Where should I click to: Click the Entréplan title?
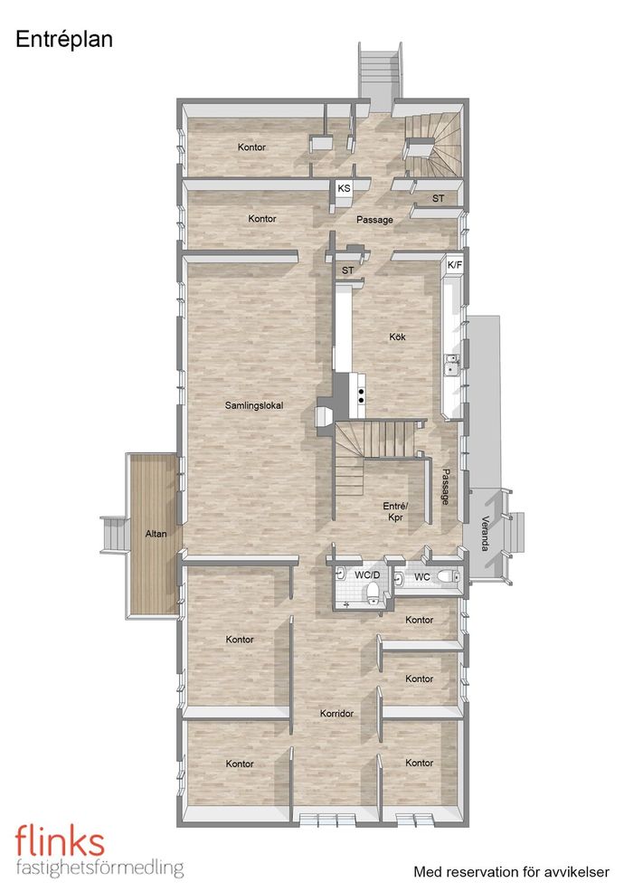[x=64, y=40]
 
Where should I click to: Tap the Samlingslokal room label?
[x=254, y=405]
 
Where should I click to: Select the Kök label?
[x=397, y=337]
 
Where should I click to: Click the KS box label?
[x=344, y=188]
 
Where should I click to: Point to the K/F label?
[x=455, y=264]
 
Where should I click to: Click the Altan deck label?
[x=156, y=534]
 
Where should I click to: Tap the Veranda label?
[x=485, y=533]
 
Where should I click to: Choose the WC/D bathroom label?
[x=367, y=575]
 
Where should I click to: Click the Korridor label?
[x=336, y=713]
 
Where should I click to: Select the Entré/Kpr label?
[x=395, y=511]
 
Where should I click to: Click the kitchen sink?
[x=453, y=365]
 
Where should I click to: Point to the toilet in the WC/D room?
[x=373, y=592]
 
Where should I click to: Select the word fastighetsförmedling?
[x=99, y=868]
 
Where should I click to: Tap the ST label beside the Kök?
[x=347, y=270]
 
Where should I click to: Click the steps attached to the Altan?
[x=114, y=534]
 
